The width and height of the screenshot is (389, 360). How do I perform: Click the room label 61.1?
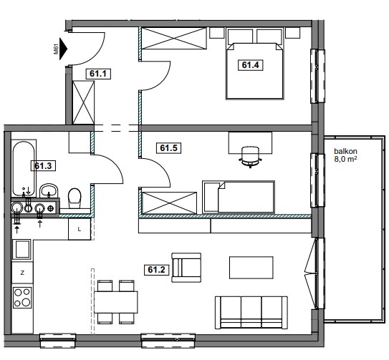point(98,74)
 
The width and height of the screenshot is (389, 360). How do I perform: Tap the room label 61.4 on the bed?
point(250,65)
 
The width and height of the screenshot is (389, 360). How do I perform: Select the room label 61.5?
point(168,148)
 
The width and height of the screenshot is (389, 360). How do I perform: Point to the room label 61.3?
point(43,165)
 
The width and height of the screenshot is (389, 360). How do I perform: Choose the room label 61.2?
point(157,270)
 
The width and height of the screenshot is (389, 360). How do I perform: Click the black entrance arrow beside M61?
point(63,49)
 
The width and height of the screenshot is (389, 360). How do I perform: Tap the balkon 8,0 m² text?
point(345,155)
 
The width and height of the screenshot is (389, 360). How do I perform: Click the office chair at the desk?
point(250,157)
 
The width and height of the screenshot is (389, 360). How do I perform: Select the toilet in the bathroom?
point(75,198)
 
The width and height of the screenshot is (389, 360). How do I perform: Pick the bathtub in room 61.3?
point(24,169)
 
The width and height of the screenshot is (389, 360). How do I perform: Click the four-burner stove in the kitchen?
point(22,298)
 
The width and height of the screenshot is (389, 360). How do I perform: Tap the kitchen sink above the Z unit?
point(21,249)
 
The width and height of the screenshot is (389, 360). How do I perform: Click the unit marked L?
point(80,229)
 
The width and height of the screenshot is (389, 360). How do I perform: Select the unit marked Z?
point(22,273)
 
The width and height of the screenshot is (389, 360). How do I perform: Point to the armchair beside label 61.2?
point(186,268)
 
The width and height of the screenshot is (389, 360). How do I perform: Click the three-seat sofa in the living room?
point(251,312)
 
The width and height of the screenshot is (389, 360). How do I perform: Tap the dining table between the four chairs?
point(116,302)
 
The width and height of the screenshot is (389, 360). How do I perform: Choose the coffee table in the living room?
point(251,268)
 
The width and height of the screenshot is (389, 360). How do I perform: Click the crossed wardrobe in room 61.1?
point(83,102)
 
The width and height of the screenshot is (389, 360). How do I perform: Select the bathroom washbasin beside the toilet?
point(49,191)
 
